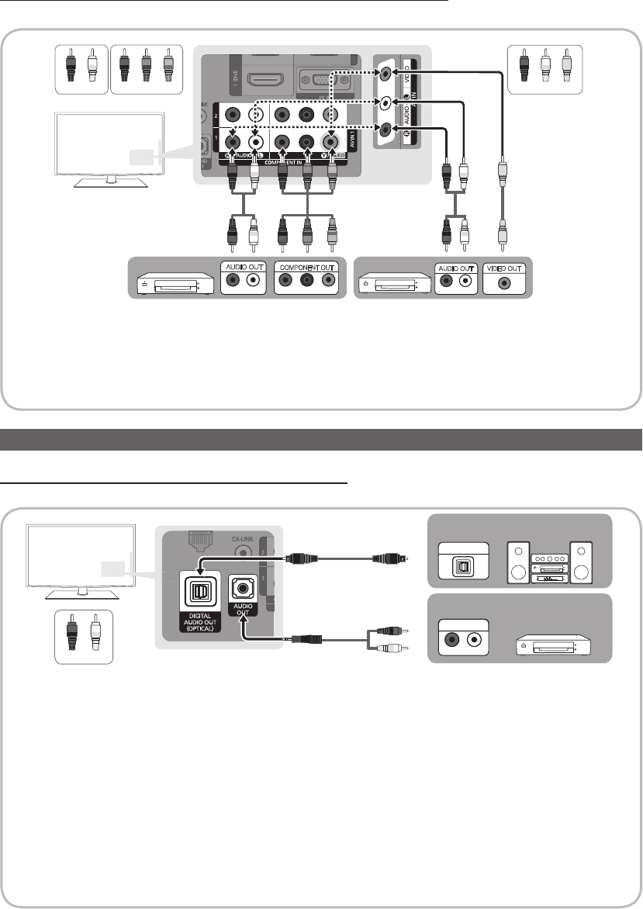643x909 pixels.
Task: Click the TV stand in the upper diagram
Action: pyautogui.click(x=108, y=181)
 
